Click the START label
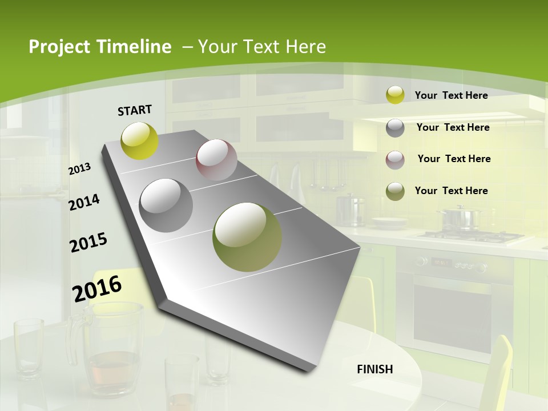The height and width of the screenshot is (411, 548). click(x=135, y=110)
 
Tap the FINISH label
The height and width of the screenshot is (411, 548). click(x=375, y=369)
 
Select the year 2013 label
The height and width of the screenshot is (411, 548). click(x=80, y=169)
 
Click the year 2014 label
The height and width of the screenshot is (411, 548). click(x=84, y=202)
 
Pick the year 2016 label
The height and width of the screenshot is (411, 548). click(x=97, y=288)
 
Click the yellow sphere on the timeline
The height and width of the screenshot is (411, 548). click(x=140, y=140)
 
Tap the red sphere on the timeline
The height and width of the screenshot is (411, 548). click(x=216, y=159)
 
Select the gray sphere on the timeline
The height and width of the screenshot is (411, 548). click(x=166, y=205)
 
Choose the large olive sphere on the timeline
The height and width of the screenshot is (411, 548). click(x=247, y=237)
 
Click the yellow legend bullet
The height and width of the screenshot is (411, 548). click(x=395, y=95)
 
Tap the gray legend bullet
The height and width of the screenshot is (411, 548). click(x=395, y=128)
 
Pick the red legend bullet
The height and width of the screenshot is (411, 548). click(x=395, y=159)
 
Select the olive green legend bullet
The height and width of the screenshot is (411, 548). click(x=395, y=191)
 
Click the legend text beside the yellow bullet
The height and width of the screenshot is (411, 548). click(x=451, y=95)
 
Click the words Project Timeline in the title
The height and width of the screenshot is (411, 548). click(x=100, y=47)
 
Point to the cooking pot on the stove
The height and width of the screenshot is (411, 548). click(x=460, y=218)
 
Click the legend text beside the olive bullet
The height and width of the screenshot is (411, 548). click(x=451, y=191)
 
